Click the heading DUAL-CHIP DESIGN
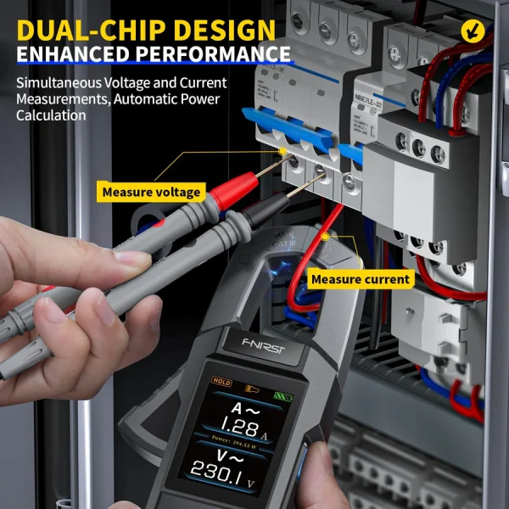point(146,30)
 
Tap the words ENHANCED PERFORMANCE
point(153,54)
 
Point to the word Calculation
point(52,115)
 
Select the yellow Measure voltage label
point(151,192)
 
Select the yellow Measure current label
point(360,279)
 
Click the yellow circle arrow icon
point(472,31)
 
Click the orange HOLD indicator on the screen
point(222,383)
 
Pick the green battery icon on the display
point(279,393)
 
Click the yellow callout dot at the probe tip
point(282,151)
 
